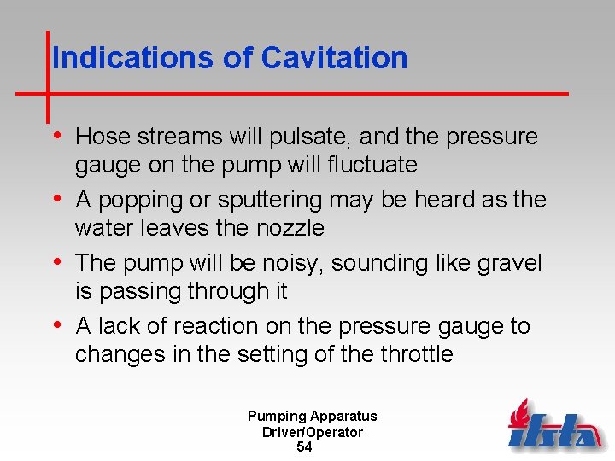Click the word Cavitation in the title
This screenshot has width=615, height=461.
pyautogui.click(x=334, y=58)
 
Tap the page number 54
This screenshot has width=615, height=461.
pyautogui.click(x=304, y=447)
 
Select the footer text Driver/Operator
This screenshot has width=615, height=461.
pyautogui.click(x=313, y=432)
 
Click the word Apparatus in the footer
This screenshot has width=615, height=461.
pyautogui.click(x=343, y=417)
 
